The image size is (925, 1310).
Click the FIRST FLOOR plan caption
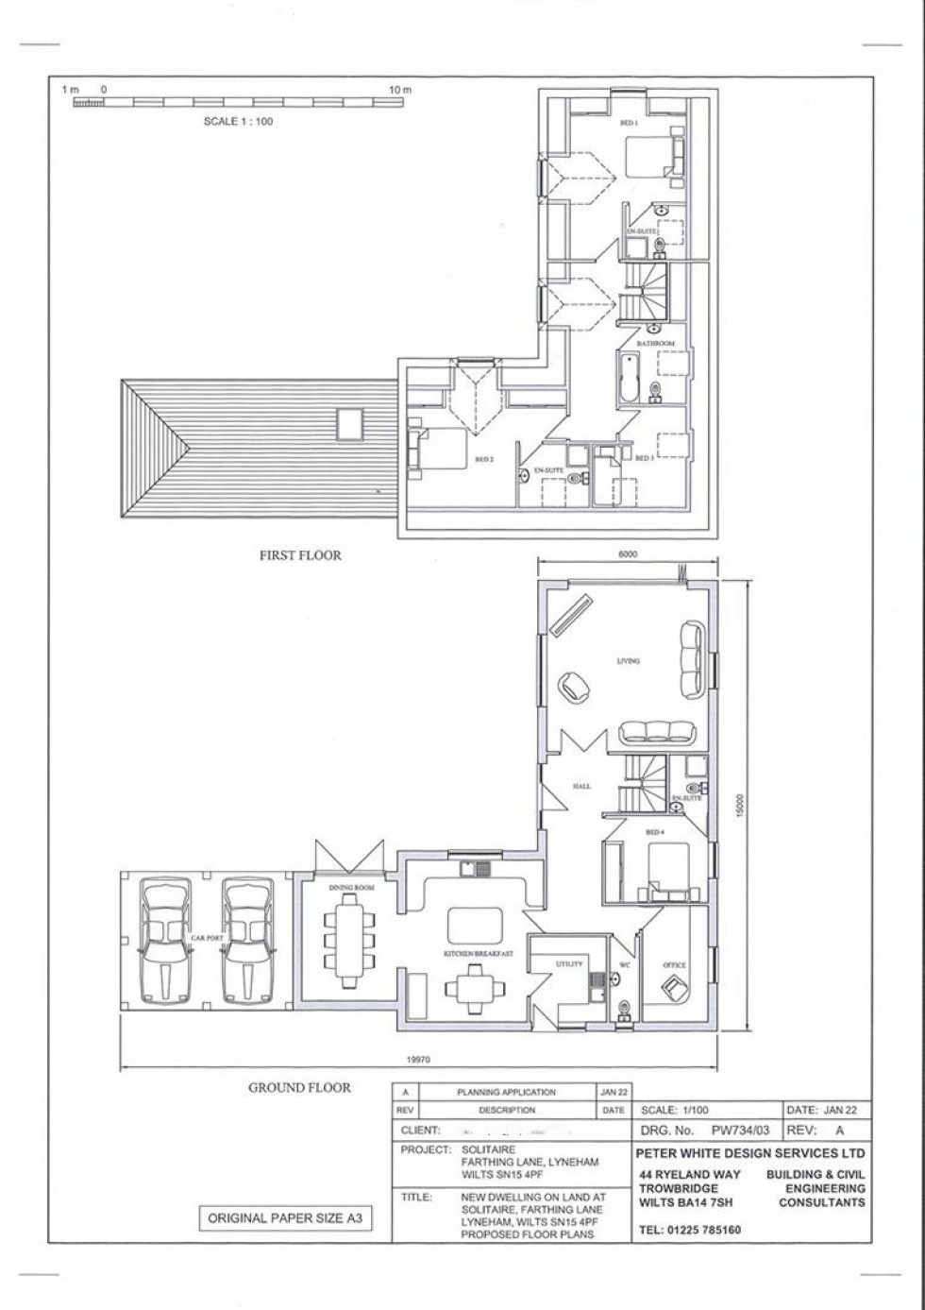coord(300,555)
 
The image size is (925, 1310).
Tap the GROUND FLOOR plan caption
coord(299,1087)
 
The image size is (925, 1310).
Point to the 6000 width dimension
coord(628,555)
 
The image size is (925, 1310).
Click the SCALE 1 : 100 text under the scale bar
coord(238,121)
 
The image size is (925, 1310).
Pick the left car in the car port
coord(165,942)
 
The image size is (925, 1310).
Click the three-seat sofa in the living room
coord(656,731)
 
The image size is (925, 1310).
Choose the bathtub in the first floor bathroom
coord(629,378)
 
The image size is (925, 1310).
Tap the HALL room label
coord(581,785)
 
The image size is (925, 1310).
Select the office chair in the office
coord(676,987)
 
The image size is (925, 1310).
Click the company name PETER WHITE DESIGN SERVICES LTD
coord(749,1152)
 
